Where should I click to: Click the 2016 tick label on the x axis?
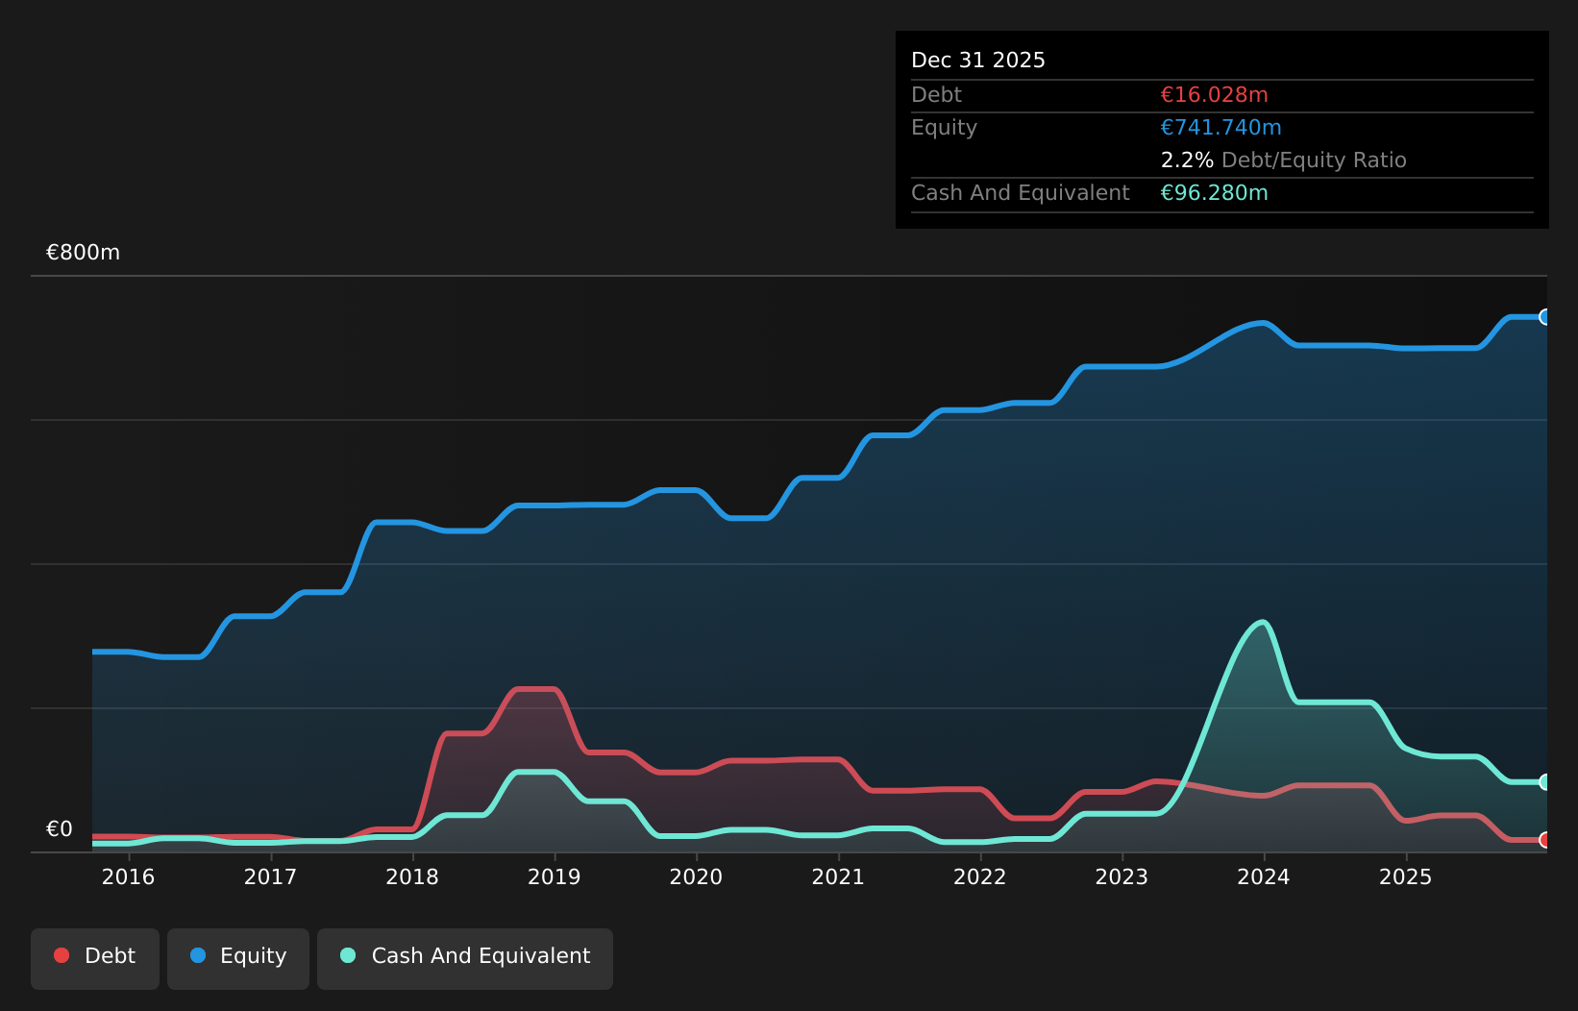(128, 877)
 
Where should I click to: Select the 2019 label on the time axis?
(555, 877)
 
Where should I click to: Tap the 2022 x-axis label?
(980, 877)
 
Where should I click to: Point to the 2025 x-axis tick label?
(1405, 877)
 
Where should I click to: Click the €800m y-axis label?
(83, 252)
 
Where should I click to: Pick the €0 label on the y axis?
(60, 829)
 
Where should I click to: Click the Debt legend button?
(95, 959)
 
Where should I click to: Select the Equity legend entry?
(238, 959)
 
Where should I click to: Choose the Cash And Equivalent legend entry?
(465, 959)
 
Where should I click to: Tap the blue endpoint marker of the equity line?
(1545, 317)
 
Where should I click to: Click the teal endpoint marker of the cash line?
(1545, 782)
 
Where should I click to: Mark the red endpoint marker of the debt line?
(1545, 840)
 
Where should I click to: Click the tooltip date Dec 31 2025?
(977, 61)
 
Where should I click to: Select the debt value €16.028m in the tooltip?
(1214, 95)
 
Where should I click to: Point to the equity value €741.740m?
(1220, 128)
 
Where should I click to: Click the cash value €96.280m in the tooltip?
(1214, 193)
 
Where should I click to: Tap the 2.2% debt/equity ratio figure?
(1187, 160)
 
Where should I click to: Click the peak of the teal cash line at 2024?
(1263, 622)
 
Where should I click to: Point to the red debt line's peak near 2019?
(536, 689)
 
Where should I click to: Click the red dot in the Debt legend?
(62, 955)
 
